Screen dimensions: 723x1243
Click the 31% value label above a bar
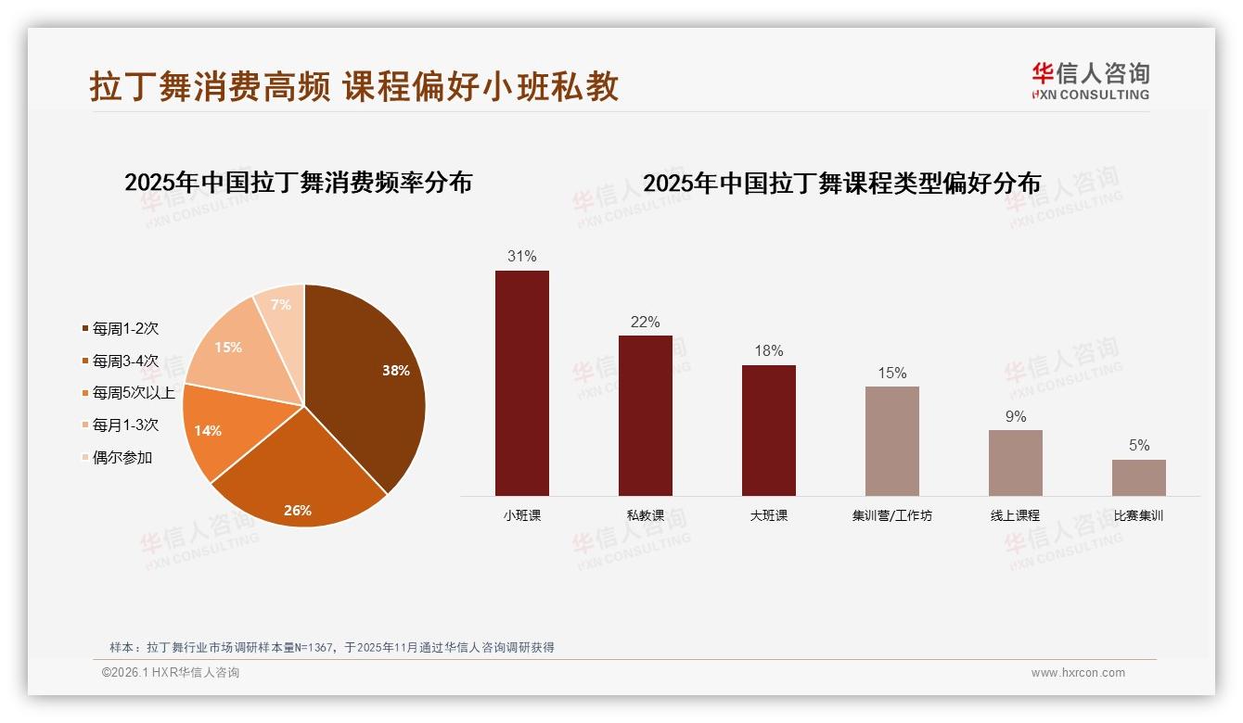click(x=522, y=256)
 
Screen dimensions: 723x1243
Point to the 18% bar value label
click(x=769, y=350)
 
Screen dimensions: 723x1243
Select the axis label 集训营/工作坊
click(x=892, y=515)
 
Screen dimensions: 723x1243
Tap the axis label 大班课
click(x=769, y=515)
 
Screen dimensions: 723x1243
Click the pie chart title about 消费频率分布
click(x=299, y=183)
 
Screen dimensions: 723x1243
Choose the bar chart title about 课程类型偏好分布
click(x=842, y=184)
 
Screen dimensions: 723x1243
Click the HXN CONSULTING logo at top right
click(x=1091, y=81)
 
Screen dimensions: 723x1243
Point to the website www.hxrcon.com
click(x=1078, y=673)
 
